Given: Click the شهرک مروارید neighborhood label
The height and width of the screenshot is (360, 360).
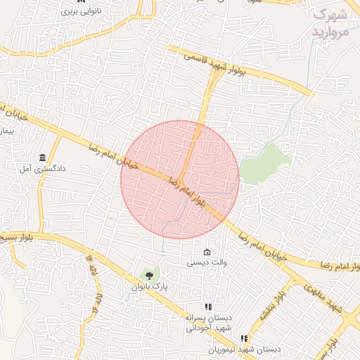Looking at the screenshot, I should tap(330, 23).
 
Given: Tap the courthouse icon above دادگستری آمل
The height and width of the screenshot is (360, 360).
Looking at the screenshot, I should tap(44, 157).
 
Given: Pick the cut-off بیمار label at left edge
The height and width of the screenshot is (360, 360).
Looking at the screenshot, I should tap(7, 131).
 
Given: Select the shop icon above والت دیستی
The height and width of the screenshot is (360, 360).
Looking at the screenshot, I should tap(206, 252).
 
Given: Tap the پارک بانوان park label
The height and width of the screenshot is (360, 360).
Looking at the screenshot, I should tap(148, 286).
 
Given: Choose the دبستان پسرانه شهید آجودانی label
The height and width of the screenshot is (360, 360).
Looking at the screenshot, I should tap(208, 323).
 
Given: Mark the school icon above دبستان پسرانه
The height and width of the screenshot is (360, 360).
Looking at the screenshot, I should tap(208, 307).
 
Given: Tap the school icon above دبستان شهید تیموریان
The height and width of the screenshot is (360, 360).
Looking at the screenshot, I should tap(244, 338).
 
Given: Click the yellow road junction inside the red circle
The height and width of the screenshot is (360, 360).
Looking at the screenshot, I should tap(182, 176).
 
